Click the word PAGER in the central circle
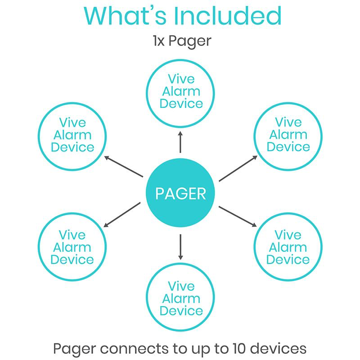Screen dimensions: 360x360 click(x=180, y=193)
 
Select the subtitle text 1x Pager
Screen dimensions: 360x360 click(x=181, y=41)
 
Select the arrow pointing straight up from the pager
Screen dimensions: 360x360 click(x=180, y=142)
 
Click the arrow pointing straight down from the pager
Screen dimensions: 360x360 click(x=180, y=246)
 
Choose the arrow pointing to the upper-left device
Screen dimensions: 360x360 click(x=123, y=167)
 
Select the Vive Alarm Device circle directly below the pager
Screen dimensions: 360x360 click(x=181, y=298)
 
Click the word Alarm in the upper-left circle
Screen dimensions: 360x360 click(x=72, y=135)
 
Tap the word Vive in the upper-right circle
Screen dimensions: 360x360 click(x=288, y=122)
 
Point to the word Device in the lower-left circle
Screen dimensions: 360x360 click(x=72, y=260)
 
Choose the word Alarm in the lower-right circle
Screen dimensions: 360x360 click(x=288, y=247)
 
